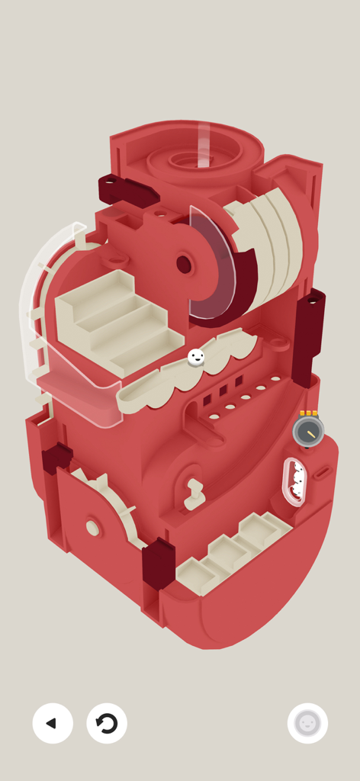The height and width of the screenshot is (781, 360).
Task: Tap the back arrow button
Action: pos(53,723)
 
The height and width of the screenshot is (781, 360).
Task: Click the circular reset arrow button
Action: pos(107,723)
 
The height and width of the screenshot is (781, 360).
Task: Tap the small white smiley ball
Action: pos(196,357)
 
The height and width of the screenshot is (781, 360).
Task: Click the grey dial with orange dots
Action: pos(308,431)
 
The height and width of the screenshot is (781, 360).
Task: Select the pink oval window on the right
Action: pos(295,482)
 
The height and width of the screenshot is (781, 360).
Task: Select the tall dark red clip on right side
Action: pos(309,336)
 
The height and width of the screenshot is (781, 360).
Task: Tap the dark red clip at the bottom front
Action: pos(158,564)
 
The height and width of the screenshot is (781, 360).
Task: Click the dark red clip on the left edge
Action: pos(56,460)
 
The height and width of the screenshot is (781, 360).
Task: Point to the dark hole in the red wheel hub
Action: pos(184,265)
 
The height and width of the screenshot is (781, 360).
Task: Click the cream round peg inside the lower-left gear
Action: pos(93,527)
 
